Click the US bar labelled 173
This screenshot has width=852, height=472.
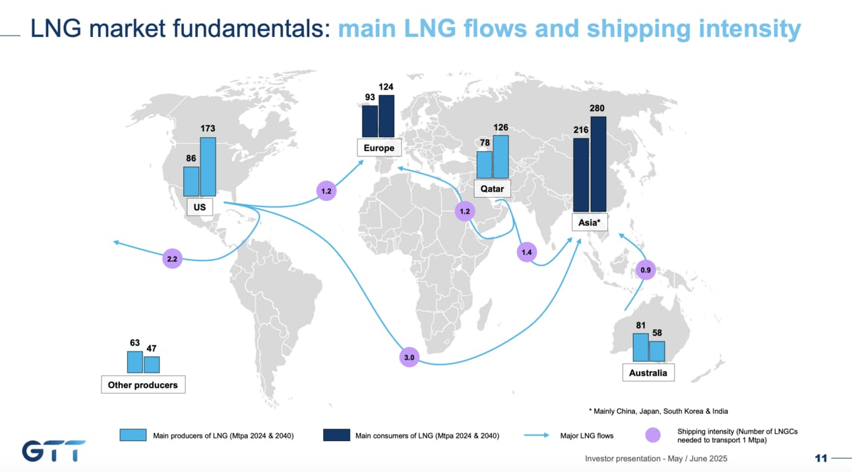tap(208, 166)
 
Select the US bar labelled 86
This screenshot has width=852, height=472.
tap(191, 181)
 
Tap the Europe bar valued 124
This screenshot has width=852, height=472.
tap(386, 115)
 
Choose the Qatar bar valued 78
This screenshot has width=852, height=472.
tap(485, 164)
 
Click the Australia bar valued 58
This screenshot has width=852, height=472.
tap(657, 351)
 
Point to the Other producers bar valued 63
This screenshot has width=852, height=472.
tap(135, 362)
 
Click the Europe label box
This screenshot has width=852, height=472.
tap(379, 148)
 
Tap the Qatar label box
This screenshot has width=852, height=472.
tap(492, 189)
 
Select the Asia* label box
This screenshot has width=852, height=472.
tap(589, 223)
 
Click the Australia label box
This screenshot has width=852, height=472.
tap(648, 372)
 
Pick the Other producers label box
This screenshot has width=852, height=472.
tap(143, 385)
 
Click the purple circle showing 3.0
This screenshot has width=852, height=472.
tap(409, 358)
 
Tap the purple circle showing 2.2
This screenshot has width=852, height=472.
tap(172, 260)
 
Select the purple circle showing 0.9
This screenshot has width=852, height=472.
tap(646, 269)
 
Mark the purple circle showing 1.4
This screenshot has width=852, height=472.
tap(526, 252)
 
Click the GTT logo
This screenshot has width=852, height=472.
tap(53, 451)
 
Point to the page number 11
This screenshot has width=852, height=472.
tap(821, 458)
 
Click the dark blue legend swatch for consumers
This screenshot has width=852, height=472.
tap(336, 435)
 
